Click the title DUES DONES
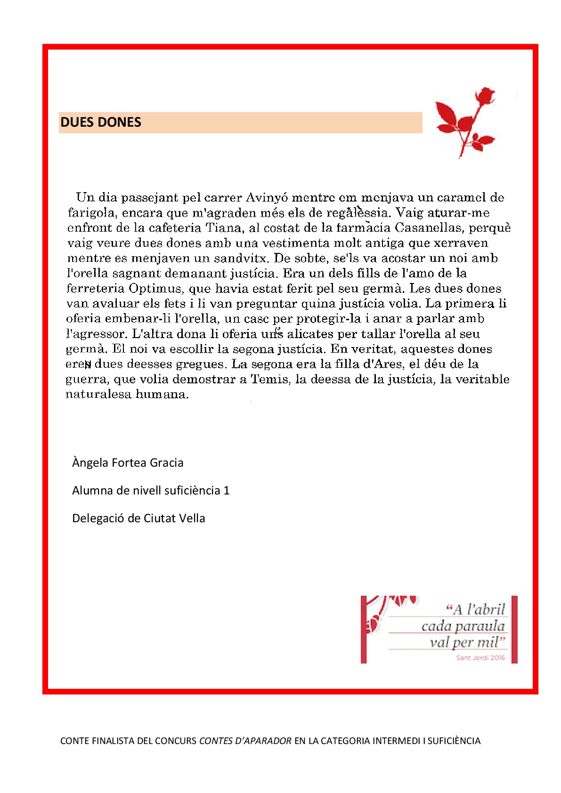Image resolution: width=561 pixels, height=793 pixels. (101, 122)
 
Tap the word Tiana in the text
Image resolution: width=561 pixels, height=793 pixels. (223, 228)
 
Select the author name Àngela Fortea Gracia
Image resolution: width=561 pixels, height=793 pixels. (128, 462)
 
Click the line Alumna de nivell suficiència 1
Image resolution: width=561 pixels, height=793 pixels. (151, 490)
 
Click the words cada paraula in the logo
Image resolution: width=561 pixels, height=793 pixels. (463, 626)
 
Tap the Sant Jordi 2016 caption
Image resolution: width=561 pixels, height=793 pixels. (480, 657)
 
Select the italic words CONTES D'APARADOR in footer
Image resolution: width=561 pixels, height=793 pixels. (245, 741)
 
